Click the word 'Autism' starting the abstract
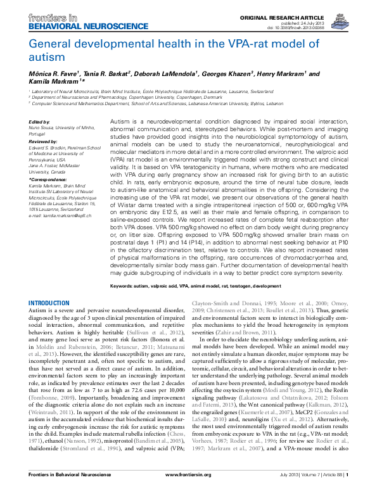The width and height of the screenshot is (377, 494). (120, 120)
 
